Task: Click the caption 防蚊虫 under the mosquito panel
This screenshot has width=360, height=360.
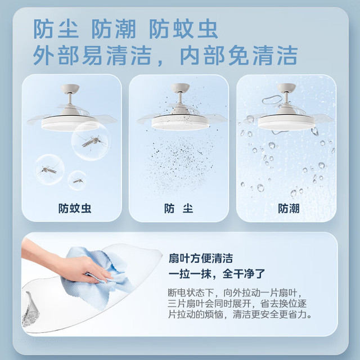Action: [75, 209]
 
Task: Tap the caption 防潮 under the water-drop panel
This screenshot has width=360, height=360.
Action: [289, 209]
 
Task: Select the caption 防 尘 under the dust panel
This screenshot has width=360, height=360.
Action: [178, 209]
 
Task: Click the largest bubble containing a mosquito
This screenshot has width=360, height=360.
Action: [91, 141]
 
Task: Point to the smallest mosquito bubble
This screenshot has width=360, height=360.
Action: [77, 181]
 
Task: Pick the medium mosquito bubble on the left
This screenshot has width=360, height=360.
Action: [49, 169]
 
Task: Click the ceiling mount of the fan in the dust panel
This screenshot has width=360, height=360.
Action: [180, 88]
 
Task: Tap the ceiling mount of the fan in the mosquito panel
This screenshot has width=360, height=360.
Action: [70, 88]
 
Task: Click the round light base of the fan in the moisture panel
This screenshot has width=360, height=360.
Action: [286, 123]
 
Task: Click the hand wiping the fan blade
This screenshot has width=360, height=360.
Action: [69, 264]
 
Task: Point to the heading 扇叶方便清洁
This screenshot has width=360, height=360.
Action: [201, 258]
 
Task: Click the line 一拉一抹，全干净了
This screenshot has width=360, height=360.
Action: [217, 274]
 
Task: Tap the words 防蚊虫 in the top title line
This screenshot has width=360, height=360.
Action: [183, 29]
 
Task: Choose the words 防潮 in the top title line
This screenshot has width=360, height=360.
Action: [114, 29]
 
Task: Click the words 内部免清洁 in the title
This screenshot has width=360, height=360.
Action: [238, 55]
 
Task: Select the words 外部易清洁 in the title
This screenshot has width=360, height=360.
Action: [92, 55]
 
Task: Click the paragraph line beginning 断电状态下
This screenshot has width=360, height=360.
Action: [235, 292]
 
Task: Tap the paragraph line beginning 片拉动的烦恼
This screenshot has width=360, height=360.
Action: [240, 314]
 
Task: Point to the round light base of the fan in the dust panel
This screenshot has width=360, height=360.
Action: [180, 121]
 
